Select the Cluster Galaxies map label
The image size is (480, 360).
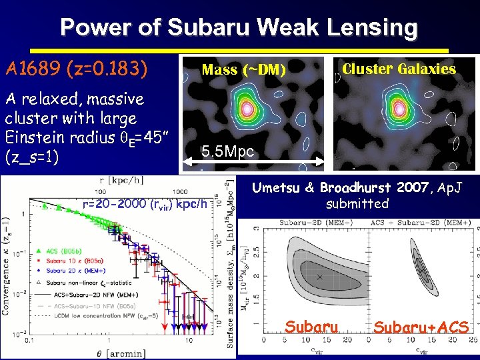(399, 69)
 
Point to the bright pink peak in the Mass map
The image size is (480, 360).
(247, 107)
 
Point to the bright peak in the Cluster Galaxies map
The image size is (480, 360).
(399, 107)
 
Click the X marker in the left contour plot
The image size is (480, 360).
(319, 276)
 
